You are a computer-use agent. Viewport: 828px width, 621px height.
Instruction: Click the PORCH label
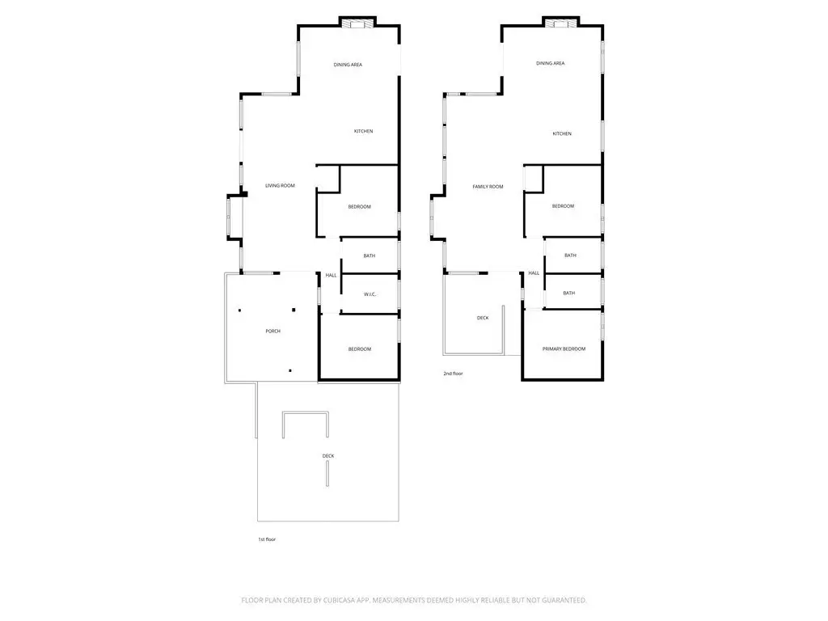tap(273, 331)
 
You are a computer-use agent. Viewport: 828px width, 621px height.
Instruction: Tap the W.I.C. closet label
tap(370, 294)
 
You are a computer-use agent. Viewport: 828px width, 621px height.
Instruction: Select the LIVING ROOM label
tap(280, 185)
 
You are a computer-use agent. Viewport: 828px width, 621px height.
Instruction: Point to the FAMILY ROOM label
tap(488, 187)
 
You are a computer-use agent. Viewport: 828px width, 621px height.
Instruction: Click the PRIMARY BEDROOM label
tap(564, 349)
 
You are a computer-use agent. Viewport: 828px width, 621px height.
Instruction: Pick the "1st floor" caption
tap(267, 539)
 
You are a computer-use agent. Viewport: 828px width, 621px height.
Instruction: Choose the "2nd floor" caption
tap(453, 374)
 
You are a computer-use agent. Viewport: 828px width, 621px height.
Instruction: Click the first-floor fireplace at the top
tap(357, 23)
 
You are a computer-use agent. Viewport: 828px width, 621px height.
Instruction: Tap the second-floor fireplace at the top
tap(561, 23)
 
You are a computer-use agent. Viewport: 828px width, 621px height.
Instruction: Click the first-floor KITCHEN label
tap(363, 131)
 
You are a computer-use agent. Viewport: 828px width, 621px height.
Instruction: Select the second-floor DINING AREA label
tap(550, 63)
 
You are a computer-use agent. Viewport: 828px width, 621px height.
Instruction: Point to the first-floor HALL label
tap(331, 275)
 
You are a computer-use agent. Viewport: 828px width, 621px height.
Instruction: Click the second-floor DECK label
tap(483, 318)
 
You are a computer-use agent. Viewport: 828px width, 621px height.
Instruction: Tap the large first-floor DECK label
tap(328, 456)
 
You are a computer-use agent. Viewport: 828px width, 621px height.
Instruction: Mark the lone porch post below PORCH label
tap(290, 370)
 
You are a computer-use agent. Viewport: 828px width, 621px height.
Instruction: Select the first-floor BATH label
tap(369, 256)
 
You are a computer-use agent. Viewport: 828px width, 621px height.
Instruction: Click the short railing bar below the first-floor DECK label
tap(327, 474)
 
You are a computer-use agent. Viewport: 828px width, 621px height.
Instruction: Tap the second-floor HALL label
tap(534, 273)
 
